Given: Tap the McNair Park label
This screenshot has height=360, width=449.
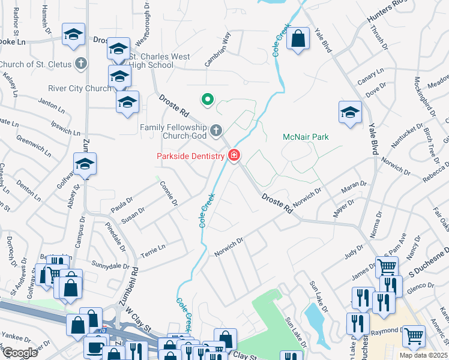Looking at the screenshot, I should coord(306,137).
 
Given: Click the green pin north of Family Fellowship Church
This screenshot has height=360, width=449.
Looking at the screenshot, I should coord(207,99).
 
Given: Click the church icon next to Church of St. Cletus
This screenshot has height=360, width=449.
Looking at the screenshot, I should coord(80,64).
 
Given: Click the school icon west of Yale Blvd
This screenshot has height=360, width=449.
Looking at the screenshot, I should coord(350,112).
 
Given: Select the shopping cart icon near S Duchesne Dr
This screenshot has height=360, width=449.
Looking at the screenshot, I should coord(388,266).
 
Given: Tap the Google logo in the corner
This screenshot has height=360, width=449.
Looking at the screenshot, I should coord(20,353).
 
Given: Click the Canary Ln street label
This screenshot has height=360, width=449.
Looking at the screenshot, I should coord(370,76).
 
